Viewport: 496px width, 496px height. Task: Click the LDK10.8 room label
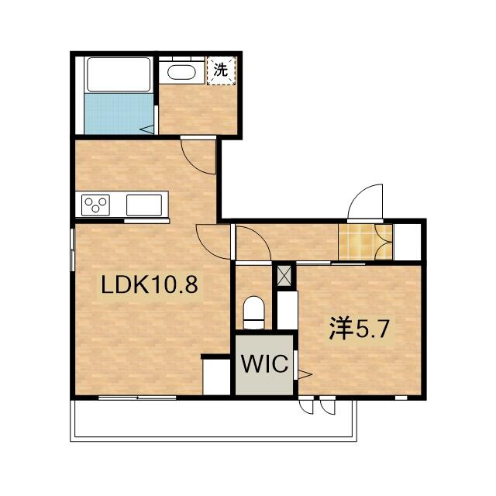pyautogui.click(x=150, y=284)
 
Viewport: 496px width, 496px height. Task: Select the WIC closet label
pyautogui.click(x=264, y=363)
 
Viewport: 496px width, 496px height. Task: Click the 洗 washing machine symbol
pyautogui.click(x=221, y=71)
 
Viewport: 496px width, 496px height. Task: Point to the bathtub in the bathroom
pyautogui.click(x=119, y=74)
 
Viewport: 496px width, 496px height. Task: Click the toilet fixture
pyautogui.click(x=253, y=312)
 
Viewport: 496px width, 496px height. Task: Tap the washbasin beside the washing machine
pyautogui.click(x=181, y=72)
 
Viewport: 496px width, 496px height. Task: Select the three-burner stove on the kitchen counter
pyautogui.click(x=95, y=205)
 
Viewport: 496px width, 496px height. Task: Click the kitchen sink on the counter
pyautogui.click(x=144, y=205)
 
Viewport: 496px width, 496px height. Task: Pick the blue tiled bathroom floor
pyautogui.click(x=119, y=113)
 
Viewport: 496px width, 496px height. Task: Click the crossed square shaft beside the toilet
pyautogui.click(x=284, y=276)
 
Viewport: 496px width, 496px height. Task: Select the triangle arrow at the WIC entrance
pyautogui.click(x=305, y=374)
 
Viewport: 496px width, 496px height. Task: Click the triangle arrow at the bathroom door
pyautogui.click(x=146, y=129)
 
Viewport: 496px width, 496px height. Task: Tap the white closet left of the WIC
pyautogui.click(x=216, y=377)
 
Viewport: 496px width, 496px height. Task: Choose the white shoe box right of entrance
pyautogui.click(x=407, y=242)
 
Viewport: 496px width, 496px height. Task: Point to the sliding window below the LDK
pyautogui.click(x=137, y=398)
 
